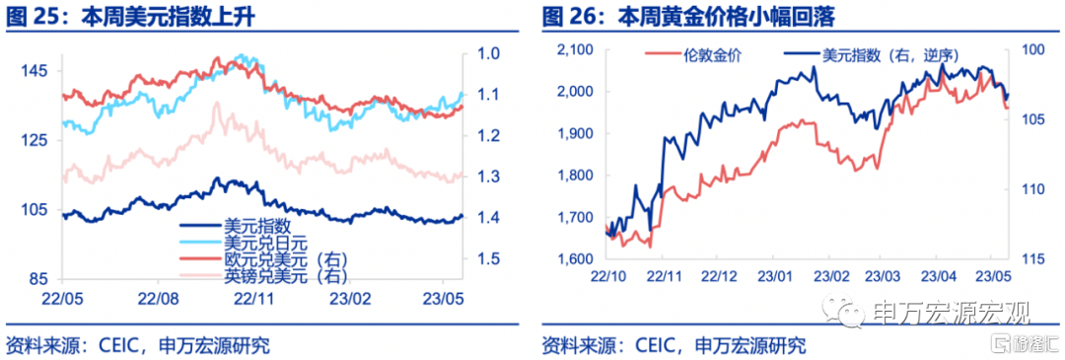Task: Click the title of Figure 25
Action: click(x=130, y=16)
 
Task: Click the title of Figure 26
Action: click(x=688, y=16)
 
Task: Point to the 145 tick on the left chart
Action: click(x=37, y=71)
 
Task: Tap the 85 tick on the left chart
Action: click(x=41, y=278)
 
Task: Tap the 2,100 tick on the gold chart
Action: click(x=575, y=49)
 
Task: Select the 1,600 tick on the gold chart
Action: click(x=575, y=259)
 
